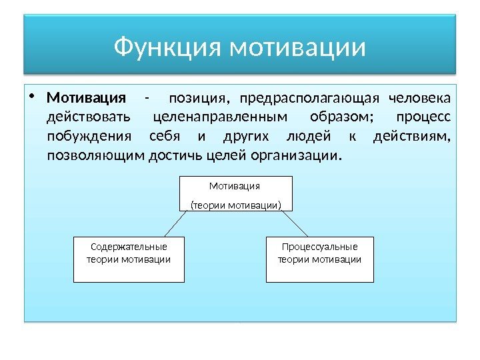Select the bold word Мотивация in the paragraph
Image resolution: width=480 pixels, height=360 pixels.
click(x=86, y=99)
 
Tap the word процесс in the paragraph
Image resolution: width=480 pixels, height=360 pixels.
click(x=423, y=118)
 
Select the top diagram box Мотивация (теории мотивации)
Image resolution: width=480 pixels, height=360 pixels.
click(x=236, y=193)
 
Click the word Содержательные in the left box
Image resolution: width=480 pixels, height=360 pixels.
click(x=128, y=247)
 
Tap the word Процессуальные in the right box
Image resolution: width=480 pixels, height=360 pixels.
click(x=319, y=247)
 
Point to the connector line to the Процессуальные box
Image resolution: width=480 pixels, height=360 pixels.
click(x=299, y=223)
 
